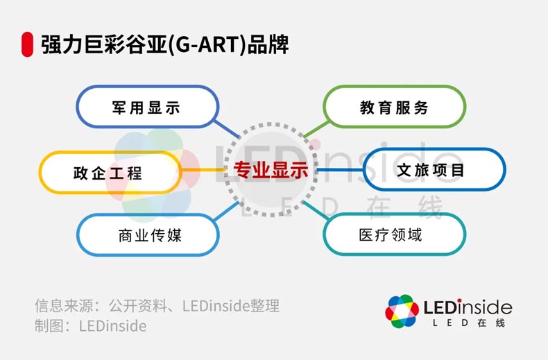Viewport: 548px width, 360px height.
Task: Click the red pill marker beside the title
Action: tap(27, 44)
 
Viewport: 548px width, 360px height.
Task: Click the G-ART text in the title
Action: tap(207, 44)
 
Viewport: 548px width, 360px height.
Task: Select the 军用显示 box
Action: tap(148, 107)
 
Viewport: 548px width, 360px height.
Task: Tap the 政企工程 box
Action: tap(110, 172)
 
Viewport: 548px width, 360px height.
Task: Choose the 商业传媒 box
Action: tap(148, 235)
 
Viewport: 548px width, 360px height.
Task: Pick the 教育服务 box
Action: tap(394, 107)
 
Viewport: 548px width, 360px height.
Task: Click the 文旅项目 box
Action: tap(434, 169)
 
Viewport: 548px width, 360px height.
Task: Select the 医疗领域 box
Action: tap(394, 234)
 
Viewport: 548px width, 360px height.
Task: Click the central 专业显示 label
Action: tap(271, 170)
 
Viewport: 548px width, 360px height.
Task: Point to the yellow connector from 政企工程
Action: tap(203, 170)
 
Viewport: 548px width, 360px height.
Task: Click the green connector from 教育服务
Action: tap(316, 129)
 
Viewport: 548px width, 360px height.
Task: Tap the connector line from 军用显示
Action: tap(226, 128)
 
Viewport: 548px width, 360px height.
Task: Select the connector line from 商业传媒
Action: tap(226, 211)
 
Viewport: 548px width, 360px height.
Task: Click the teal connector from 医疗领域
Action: tap(316, 210)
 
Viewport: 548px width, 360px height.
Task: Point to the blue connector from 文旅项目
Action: tap(340, 170)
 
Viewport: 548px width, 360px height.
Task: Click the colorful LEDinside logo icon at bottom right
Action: tap(402, 311)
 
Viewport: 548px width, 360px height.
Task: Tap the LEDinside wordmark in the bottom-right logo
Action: tap(468, 307)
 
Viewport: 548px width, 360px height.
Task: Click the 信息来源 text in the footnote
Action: tap(65, 306)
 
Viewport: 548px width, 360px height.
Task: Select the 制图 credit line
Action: tap(90, 326)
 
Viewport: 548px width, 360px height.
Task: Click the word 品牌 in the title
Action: tap(268, 44)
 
